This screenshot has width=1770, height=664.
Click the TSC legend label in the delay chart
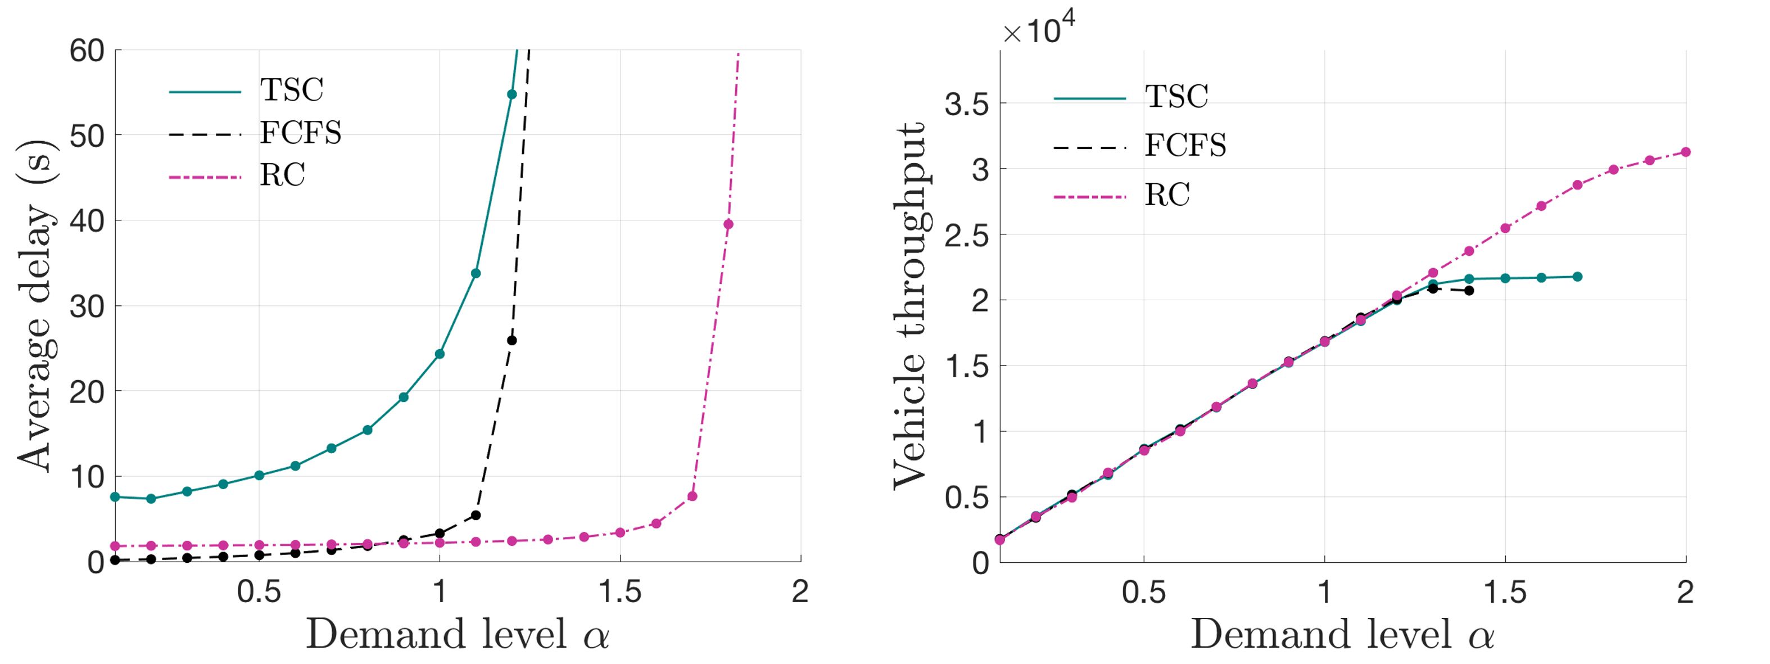point(291,90)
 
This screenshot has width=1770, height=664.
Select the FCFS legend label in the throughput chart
point(1185,146)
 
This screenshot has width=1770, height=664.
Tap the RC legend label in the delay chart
point(282,175)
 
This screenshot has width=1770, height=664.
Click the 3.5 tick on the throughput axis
point(967,105)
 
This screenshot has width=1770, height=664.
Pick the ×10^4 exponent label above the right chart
point(1038,28)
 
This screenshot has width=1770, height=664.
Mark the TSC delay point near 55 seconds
point(511,94)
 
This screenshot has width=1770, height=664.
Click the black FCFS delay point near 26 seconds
point(511,340)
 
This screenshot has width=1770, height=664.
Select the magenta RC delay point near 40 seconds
point(728,224)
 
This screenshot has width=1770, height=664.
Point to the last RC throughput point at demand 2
point(1686,152)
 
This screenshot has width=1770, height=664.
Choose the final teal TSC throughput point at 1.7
point(1578,277)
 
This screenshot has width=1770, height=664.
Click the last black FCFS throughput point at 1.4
point(1469,291)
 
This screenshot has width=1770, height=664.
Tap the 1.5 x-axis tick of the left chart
point(620,592)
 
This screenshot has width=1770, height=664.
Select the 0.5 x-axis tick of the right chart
point(1144,592)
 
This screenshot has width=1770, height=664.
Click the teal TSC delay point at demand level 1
point(440,354)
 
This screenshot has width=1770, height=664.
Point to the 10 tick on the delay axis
point(87,476)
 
